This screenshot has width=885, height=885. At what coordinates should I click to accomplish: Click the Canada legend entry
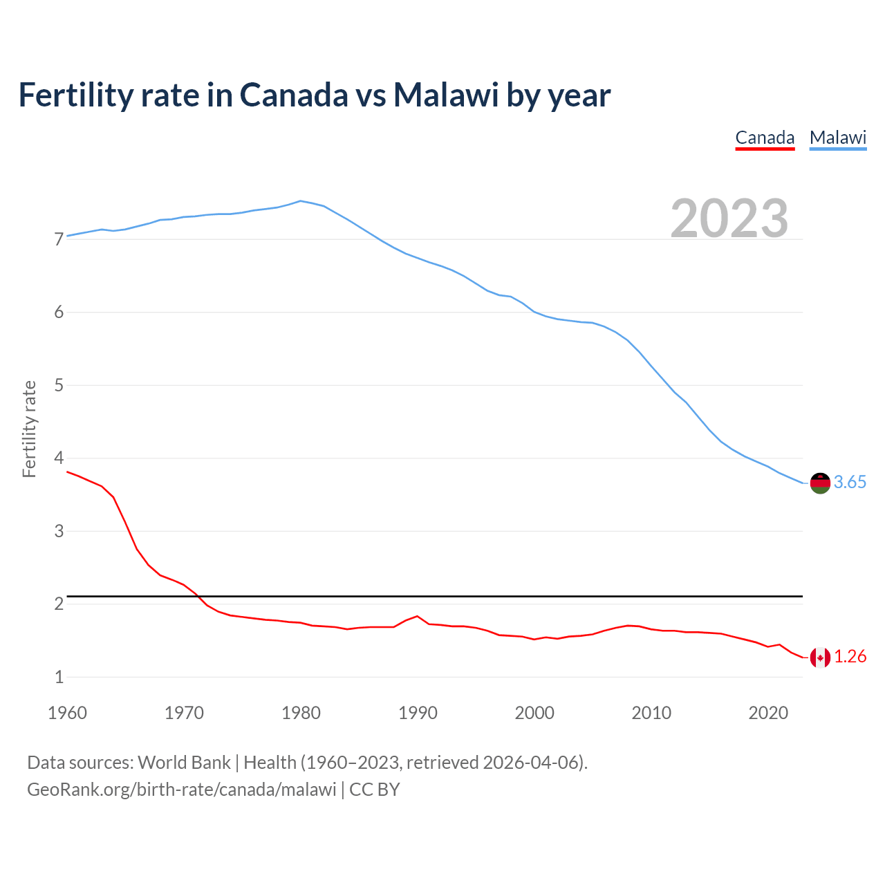[765, 138]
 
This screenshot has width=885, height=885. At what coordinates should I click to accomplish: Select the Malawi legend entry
[838, 138]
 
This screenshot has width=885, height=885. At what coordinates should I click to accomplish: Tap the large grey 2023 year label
[729, 218]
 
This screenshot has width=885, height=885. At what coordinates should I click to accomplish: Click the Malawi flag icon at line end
[820, 483]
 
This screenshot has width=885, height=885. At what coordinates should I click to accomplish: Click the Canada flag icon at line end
[820, 658]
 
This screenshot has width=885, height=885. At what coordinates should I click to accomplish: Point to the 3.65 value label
[850, 483]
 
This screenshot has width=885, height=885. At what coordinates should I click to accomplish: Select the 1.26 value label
[850, 657]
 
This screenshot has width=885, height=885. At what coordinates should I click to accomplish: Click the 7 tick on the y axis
[59, 240]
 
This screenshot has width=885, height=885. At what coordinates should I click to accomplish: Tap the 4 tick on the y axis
[59, 458]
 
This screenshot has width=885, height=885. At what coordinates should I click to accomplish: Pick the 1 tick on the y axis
[59, 677]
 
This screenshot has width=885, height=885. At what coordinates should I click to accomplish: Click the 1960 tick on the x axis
[67, 713]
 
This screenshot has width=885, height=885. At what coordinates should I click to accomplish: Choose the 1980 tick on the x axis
[301, 713]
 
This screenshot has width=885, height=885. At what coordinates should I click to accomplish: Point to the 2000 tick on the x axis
[534, 713]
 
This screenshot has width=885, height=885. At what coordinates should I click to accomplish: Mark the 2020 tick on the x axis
[768, 713]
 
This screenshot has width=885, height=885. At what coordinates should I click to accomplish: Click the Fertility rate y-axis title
[29, 429]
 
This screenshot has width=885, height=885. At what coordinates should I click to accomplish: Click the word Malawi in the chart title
[446, 95]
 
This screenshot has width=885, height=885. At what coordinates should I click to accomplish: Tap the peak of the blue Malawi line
[300, 201]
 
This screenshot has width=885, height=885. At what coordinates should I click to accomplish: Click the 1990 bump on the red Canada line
[417, 616]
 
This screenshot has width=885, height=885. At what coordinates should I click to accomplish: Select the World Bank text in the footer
[184, 763]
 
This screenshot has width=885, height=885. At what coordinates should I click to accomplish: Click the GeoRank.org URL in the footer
[181, 790]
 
